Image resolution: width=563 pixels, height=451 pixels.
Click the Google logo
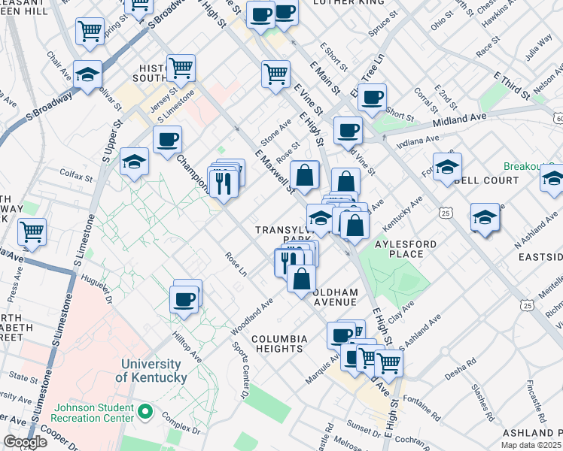click(x=25, y=442)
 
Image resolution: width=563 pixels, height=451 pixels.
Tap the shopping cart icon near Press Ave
click(x=32, y=232)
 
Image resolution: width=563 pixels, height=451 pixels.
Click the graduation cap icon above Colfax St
click(x=134, y=162)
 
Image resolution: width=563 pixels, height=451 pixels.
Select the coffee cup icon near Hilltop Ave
click(x=184, y=300)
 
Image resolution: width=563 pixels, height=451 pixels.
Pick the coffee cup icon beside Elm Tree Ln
click(x=372, y=98)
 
